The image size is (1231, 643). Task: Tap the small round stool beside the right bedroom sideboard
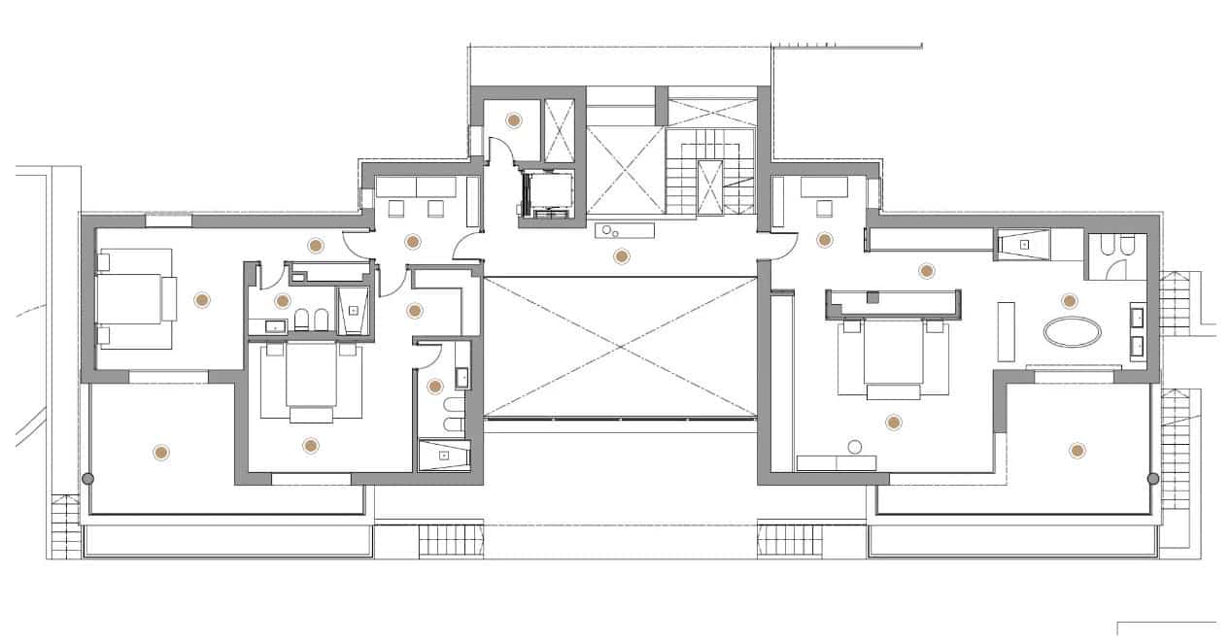click(855, 447)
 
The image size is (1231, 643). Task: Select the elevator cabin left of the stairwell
click(547, 194)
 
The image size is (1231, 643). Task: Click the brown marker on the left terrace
click(160, 452)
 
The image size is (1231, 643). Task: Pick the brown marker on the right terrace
click(1076, 450)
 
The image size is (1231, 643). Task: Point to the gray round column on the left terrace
click(87, 478)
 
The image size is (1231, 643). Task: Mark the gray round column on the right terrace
click(1152, 478)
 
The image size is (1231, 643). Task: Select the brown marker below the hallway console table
click(621, 256)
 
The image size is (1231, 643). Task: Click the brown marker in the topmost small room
click(513, 120)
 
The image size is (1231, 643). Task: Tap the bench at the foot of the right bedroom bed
click(893, 391)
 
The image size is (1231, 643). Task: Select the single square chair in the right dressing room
click(826, 207)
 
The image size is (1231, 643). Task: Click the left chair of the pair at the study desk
click(396, 207)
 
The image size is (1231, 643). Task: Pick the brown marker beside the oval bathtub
click(1070, 301)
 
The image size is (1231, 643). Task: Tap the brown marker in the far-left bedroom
click(202, 301)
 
